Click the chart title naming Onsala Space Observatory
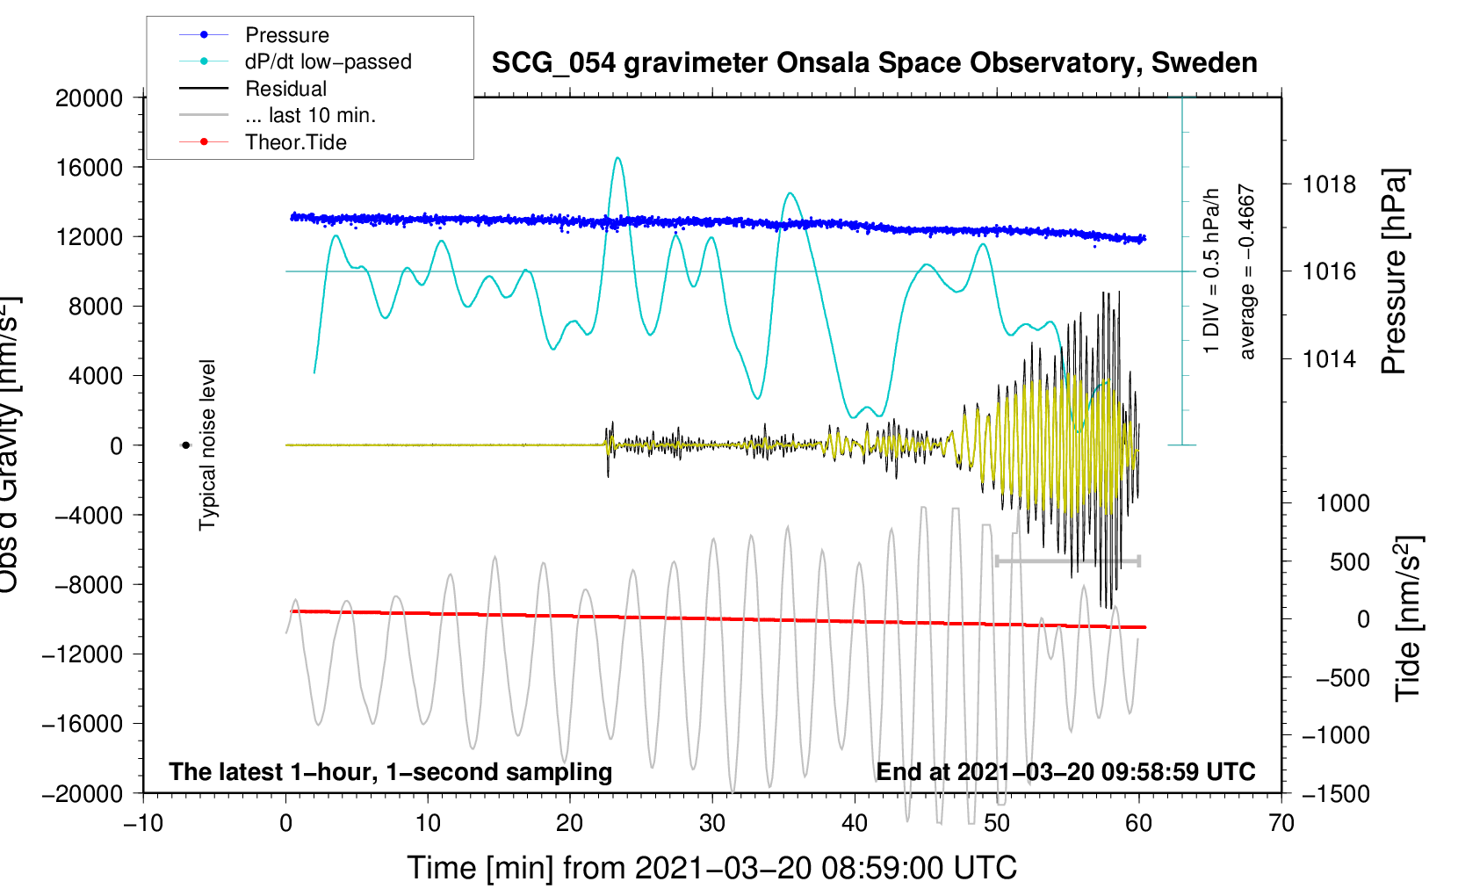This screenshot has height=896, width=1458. pos(874,63)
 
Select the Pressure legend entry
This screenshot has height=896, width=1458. pos(286,35)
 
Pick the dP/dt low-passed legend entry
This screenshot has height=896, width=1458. pos(328,61)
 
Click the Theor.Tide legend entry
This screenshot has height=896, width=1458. pos(295,142)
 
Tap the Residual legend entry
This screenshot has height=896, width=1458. pos(285,89)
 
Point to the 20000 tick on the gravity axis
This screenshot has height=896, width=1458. pos(89,98)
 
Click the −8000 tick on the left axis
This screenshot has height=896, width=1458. pos(89,585)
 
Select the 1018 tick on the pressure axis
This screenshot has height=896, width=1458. pos(1329,184)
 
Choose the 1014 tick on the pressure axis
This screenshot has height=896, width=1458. pos(1329,358)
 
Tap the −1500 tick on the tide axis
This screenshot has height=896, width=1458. pos(1335,793)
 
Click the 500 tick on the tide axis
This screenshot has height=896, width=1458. pos(1349,562)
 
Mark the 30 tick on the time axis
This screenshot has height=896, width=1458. pos(712,823)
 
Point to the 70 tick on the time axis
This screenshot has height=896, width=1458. pos(1281,823)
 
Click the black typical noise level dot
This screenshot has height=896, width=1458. pos(185,445)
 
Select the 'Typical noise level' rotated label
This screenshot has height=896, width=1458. pos(207,444)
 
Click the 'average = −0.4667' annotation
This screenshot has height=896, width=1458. pos(1247,271)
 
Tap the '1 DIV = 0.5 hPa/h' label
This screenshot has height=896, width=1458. pos(1212,271)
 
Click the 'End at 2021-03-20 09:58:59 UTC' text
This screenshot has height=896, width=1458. pos(1065,772)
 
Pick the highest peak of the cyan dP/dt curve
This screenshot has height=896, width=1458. pos(618,158)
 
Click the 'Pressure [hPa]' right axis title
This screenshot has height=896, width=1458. pos(1395,271)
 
